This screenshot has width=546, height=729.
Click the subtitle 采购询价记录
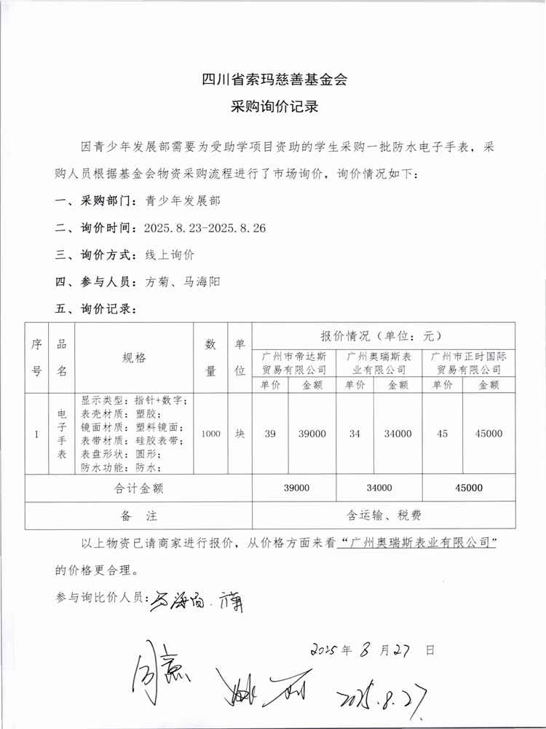(x=274, y=106)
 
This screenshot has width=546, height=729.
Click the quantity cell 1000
(x=211, y=434)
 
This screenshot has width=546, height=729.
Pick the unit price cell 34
(x=355, y=434)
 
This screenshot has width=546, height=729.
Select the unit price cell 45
(x=442, y=434)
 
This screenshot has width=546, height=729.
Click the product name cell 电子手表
(x=62, y=434)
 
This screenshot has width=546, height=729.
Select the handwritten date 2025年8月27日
(x=372, y=648)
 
